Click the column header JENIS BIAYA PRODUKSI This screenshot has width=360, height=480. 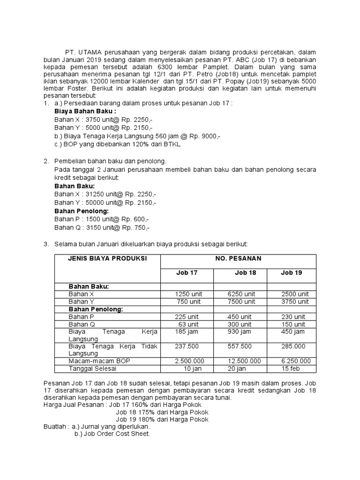tap(107, 258)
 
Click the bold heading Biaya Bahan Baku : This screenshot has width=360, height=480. tap(85, 111)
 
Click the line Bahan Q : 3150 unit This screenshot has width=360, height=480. tap(102, 228)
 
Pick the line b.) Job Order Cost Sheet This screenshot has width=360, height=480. tap(112, 434)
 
